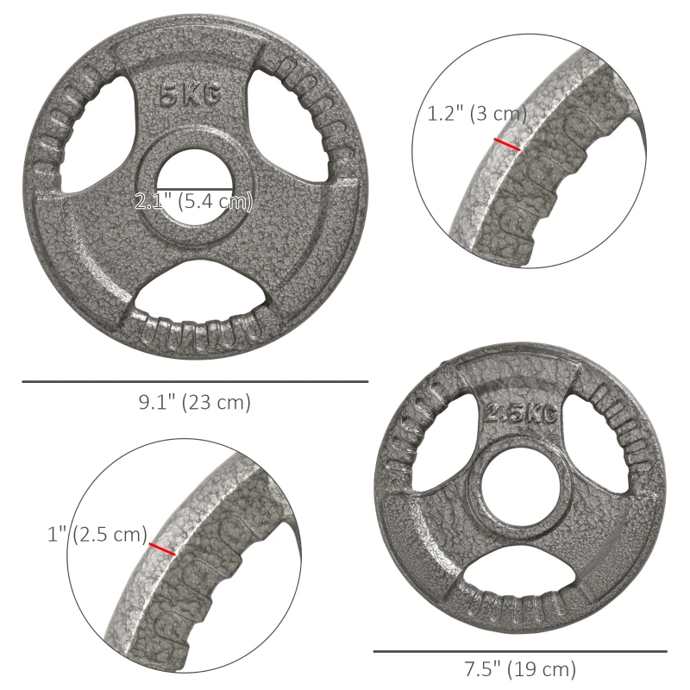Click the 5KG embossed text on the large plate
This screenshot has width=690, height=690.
(189, 96)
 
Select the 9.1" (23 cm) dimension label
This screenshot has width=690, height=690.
(195, 402)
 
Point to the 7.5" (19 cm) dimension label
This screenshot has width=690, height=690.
(519, 668)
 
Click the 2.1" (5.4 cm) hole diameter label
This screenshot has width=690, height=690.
(193, 203)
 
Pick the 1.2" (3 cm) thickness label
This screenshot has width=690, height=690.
(476, 114)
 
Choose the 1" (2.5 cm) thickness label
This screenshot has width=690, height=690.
(97, 535)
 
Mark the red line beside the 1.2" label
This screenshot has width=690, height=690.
(506, 144)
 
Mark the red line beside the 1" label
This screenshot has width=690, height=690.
(162, 549)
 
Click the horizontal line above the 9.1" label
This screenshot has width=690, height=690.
(195, 381)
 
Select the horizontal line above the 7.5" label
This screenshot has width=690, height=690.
(519, 651)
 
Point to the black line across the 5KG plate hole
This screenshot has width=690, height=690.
(193, 188)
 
